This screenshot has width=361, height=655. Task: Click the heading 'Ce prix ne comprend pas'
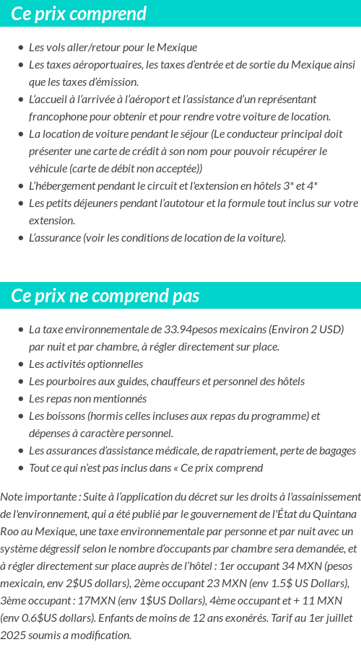point(105,296)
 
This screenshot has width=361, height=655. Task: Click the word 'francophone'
point(58,116)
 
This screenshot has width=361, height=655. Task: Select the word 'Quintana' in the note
point(334,514)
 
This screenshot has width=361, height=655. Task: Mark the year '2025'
point(13,635)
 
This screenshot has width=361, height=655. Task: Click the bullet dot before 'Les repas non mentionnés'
point(20,399)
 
